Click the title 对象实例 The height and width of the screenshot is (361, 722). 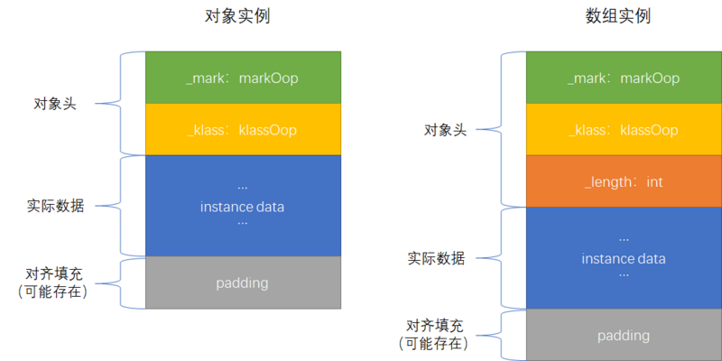pyautogui.click(x=242, y=16)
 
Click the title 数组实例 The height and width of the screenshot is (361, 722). pyautogui.click(x=624, y=16)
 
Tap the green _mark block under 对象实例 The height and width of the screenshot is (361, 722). pyautogui.click(x=242, y=78)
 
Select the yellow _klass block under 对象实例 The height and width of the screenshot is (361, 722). pyautogui.click(x=242, y=129)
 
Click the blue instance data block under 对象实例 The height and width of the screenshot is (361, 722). pyautogui.click(x=242, y=206)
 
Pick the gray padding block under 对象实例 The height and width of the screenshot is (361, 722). pyautogui.click(x=242, y=282)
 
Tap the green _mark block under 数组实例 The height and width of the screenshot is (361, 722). pyautogui.click(x=624, y=78)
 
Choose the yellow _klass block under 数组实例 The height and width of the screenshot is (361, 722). pyautogui.click(x=624, y=129)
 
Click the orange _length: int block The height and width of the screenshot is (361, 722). pyautogui.click(x=624, y=181)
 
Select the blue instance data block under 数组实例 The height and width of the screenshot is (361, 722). pyautogui.click(x=624, y=258)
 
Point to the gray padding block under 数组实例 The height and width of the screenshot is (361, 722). pyautogui.click(x=624, y=335)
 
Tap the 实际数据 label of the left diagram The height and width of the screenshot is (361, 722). pyautogui.click(x=56, y=206)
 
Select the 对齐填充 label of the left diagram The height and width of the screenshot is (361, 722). pyautogui.click(x=55, y=273)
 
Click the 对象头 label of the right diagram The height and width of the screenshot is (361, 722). pyautogui.click(x=445, y=129)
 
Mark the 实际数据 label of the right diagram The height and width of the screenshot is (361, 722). pyautogui.click(x=436, y=258)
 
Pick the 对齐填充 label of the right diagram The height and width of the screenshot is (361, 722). pyautogui.click(x=436, y=326)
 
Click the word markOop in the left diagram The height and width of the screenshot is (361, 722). pyautogui.click(x=269, y=79)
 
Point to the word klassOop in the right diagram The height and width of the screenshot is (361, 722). pyautogui.click(x=650, y=130)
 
